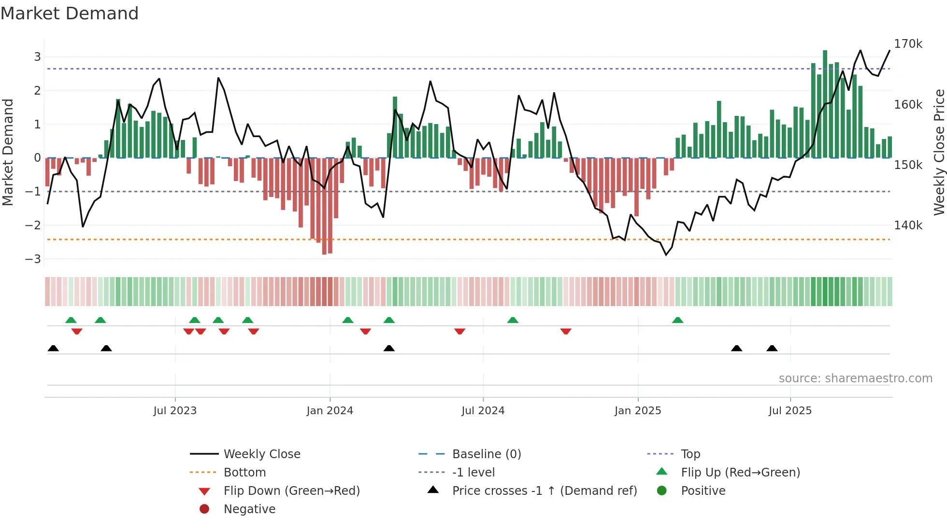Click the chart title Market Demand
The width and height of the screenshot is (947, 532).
pyautogui.click(x=70, y=14)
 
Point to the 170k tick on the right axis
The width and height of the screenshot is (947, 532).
pyautogui.click(x=908, y=44)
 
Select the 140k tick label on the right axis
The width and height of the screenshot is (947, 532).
pyautogui.click(x=908, y=225)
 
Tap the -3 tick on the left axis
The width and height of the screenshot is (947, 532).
pyautogui.click(x=33, y=259)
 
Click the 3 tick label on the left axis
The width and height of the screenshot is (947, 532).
pyautogui.click(x=37, y=57)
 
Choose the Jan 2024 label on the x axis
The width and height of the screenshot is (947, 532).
pyautogui.click(x=330, y=411)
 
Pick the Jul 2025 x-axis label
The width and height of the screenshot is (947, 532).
pyautogui.click(x=790, y=411)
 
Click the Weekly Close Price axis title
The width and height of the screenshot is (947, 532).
pyautogui.click(x=939, y=152)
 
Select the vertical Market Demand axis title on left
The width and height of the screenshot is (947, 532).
pyautogui.click(x=8, y=152)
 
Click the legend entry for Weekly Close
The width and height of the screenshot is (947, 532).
pyautogui.click(x=261, y=454)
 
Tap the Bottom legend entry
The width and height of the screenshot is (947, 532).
pyautogui.click(x=244, y=473)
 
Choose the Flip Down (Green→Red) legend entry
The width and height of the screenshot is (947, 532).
pyautogui.click(x=291, y=491)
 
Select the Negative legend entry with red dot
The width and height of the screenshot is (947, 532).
pyautogui.click(x=249, y=509)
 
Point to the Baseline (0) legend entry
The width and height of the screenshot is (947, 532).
pyautogui.click(x=486, y=454)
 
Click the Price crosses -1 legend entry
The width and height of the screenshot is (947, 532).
pyautogui.click(x=544, y=491)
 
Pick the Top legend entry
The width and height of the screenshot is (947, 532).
pyautogui.click(x=690, y=454)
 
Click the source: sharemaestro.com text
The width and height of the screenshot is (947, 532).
pyautogui.click(x=855, y=378)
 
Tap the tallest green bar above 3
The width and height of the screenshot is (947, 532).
pyautogui.click(x=825, y=104)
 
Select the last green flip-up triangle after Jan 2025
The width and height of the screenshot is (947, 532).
pyautogui.click(x=677, y=320)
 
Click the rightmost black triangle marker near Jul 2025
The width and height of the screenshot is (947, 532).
pyautogui.click(x=772, y=349)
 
